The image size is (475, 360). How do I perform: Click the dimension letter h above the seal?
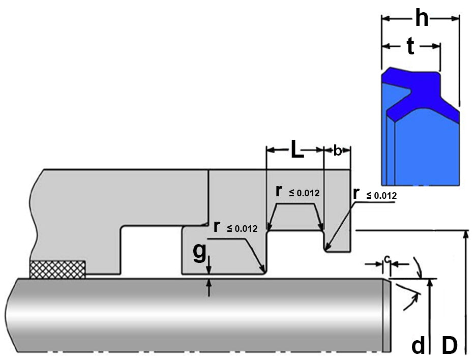[422, 19]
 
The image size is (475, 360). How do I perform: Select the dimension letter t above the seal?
[410, 47]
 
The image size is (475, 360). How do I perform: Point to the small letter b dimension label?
[337, 151]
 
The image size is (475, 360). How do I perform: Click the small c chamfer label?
[388, 259]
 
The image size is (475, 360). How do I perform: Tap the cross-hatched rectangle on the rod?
[57, 269]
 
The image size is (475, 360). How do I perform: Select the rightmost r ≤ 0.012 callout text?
[374, 194]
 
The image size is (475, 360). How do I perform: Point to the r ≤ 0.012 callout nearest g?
[235, 227]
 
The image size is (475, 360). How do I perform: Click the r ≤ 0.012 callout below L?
[297, 192]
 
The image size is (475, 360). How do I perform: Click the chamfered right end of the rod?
[387, 315]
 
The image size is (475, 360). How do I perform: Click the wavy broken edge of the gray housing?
[36, 219]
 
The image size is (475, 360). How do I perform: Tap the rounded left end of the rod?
[10, 315]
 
